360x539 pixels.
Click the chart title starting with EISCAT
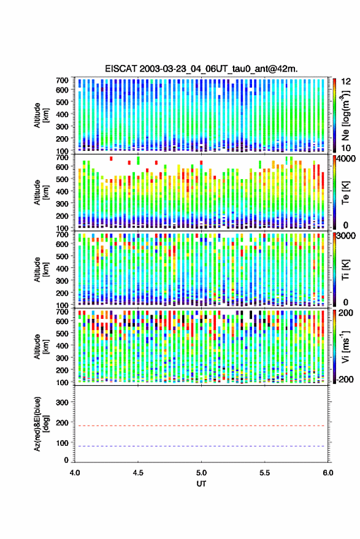(201, 69)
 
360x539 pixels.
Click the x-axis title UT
(201, 484)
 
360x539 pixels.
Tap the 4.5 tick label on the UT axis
(138, 473)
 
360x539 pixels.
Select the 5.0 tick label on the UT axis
(202, 473)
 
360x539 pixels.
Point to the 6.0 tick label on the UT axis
(328, 473)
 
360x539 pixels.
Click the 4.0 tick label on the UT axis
(75, 473)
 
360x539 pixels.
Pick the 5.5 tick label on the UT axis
(265, 473)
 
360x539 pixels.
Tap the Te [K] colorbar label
(345, 193)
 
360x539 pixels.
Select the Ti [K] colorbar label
(345, 270)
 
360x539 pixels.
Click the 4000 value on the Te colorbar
(345, 159)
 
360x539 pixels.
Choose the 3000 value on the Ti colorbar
(345, 236)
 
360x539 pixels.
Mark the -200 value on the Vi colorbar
(344, 380)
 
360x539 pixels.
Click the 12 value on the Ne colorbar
(346, 82)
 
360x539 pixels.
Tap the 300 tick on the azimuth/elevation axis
(62, 402)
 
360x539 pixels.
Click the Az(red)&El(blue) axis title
(41, 424)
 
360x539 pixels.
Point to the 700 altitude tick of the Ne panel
(62, 80)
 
